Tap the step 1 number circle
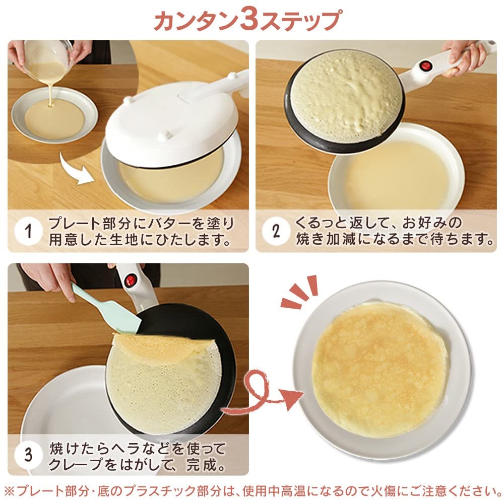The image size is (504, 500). pos(28,231)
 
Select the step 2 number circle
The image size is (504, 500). pos(276,231)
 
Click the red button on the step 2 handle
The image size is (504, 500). pos(426,66)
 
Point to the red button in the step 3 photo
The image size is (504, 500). pos(130,280)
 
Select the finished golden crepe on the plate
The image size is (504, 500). pos(380,369)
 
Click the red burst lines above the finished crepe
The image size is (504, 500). pos(299,291)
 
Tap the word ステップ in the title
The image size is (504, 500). pos(300,20)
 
